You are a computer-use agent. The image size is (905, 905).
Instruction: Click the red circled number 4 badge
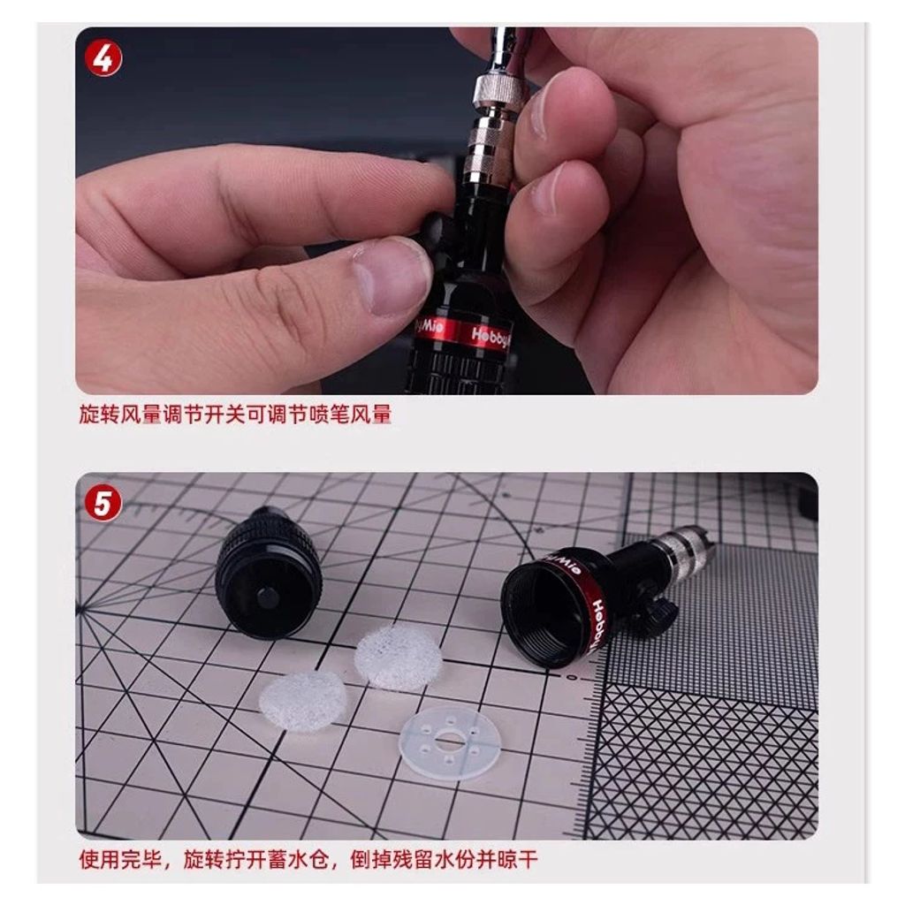click(x=103, y=58)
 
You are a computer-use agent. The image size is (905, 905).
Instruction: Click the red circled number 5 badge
click(x=103, y=503)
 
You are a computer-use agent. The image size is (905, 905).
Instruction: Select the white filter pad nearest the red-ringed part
click(x=399, y=657)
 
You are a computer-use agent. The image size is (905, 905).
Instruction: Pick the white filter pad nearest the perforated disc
click(x=302, y=701)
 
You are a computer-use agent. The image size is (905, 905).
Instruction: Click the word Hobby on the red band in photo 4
click(x=491, y=338)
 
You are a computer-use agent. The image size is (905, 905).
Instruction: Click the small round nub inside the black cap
click(x=267, y=598)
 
